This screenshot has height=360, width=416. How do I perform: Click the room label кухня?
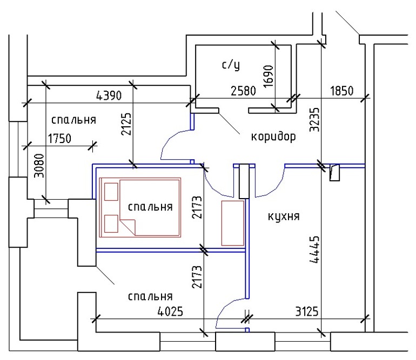click(284, 216)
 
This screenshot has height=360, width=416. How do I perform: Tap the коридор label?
click(273, 137)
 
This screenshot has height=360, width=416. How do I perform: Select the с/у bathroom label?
click(231, 65)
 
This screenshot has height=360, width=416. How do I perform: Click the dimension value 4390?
click(109, 96)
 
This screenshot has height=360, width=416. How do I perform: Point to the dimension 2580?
click(243, 91)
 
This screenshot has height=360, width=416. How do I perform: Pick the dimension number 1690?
click(269, 76)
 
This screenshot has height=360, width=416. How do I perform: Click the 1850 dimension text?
click(341, 91)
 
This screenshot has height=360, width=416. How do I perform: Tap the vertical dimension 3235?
click(314, 120)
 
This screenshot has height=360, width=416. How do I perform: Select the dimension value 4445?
click(314, 250)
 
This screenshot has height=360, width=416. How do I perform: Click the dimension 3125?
click(307, 311)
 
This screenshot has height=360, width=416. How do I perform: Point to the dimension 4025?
click(170, 311)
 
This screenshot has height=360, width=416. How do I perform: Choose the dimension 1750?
click(59, 138)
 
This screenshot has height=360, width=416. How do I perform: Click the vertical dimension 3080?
click(39, 166)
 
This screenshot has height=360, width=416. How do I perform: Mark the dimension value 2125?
click(126, 124)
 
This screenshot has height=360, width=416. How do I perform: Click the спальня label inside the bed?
click(150, 207)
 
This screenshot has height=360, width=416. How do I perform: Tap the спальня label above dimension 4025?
click(150, 296)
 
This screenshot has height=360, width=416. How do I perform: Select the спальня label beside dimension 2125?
click(73, 120)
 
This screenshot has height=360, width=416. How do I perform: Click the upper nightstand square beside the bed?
click(111, 192)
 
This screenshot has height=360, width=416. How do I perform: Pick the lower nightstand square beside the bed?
click(111, 223)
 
